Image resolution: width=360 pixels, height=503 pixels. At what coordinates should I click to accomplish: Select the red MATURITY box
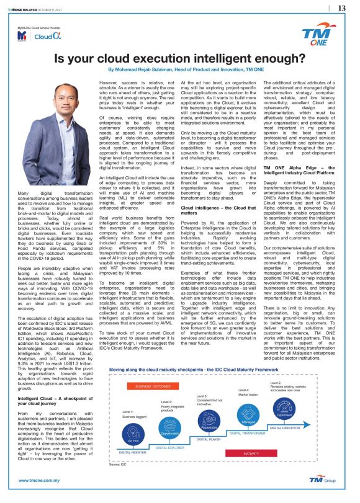point(251,453)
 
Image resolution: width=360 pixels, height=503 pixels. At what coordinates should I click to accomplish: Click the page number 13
point(341,8)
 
